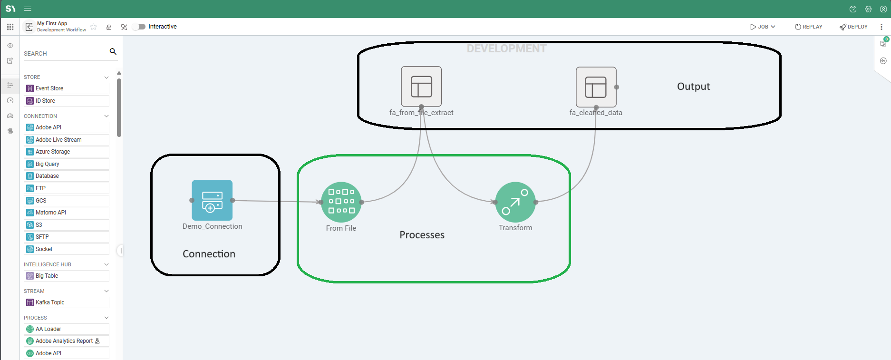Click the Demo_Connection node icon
coord(212,200)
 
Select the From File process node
coord(341,202)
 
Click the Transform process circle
coord(515,202)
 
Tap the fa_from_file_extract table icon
coord(421,87)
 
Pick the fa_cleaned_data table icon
coord(596,87)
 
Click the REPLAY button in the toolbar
coord(808,27)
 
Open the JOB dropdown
coord(763,27)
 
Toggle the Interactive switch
coord(139,27)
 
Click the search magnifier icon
coord(113,51)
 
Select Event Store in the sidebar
coord(49,88)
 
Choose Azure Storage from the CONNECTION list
coord(53,152)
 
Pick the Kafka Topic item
coord(50,302)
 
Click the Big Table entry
coord(47,276)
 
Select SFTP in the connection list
coord(42,237)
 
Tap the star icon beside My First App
coord(94,27)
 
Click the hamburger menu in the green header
coord(28,9)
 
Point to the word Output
coord(693,87)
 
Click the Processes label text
coord(422,235)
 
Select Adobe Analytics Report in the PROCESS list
coord(64,341)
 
